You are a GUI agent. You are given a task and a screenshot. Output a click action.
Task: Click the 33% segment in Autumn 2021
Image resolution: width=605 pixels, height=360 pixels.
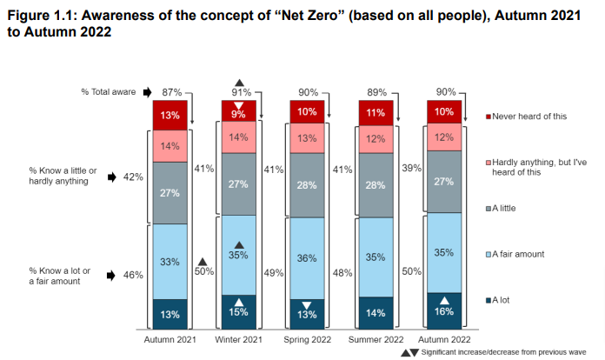point(170,261)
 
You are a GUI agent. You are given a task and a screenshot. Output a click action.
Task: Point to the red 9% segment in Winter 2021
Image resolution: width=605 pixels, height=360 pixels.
point(238,113)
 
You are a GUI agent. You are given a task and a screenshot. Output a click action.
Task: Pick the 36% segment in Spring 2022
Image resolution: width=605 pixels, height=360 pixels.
point(307,257)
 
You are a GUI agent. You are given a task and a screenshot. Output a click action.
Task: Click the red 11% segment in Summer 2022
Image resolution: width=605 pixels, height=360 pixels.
point(376,113)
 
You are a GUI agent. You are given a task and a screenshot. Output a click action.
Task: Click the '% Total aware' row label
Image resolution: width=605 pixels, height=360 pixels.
point(110,91)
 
